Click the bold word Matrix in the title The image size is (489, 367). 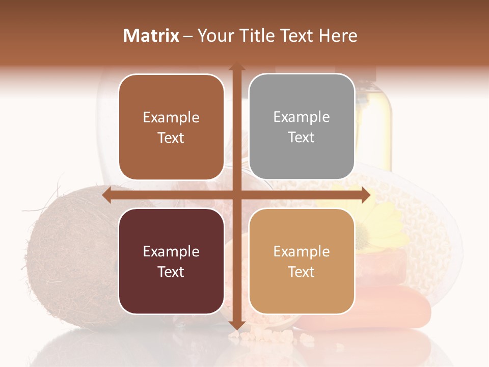tap(151, 36)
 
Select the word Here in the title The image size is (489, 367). tap(338, 36)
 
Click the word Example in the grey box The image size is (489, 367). tap(302, 117)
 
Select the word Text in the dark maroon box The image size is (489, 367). tap(171, 272)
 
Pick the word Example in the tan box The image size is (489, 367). tap(302, 251)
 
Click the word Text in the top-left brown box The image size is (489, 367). tap(171, 138)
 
